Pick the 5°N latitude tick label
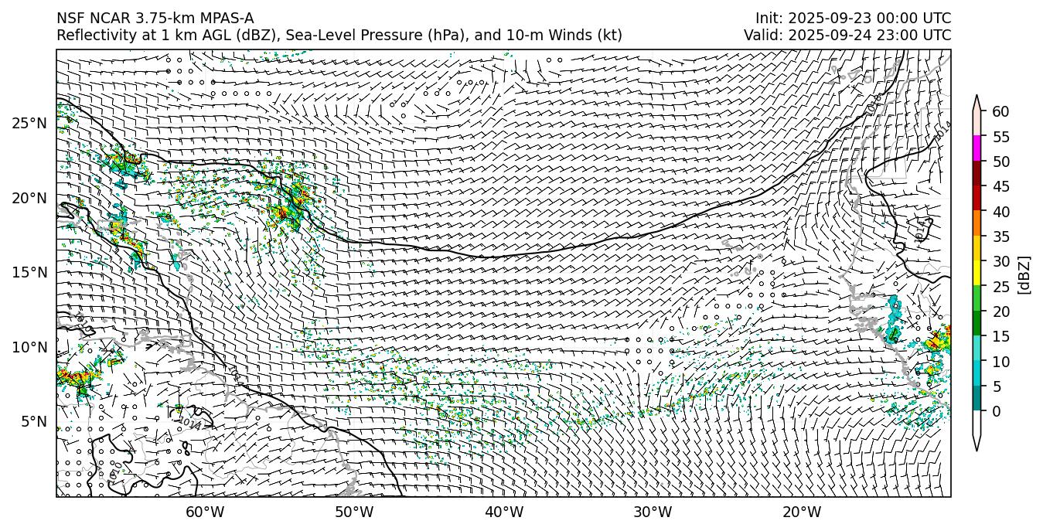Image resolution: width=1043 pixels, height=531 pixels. click(x=34, y=421)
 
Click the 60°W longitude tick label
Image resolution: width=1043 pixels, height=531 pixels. click(x=205, y=512)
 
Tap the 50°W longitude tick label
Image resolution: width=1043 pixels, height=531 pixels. click(x=354, y=512)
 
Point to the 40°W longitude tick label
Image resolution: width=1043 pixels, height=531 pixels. click(x=504, y=512)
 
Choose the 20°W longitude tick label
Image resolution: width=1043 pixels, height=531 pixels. click(x=802, y=512)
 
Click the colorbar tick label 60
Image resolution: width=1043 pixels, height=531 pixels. click(x=1000, y=112)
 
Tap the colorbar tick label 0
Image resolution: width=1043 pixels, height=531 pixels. click(x=997, y=411)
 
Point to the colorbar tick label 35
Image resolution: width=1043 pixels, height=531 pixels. click(x=1000, y=237)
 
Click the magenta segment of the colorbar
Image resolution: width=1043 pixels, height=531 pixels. click(x=977, y=148)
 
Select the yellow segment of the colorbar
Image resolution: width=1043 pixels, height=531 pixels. click(x=977, y=273)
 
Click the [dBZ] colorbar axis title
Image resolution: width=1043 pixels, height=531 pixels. click(x=1024, y=274)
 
